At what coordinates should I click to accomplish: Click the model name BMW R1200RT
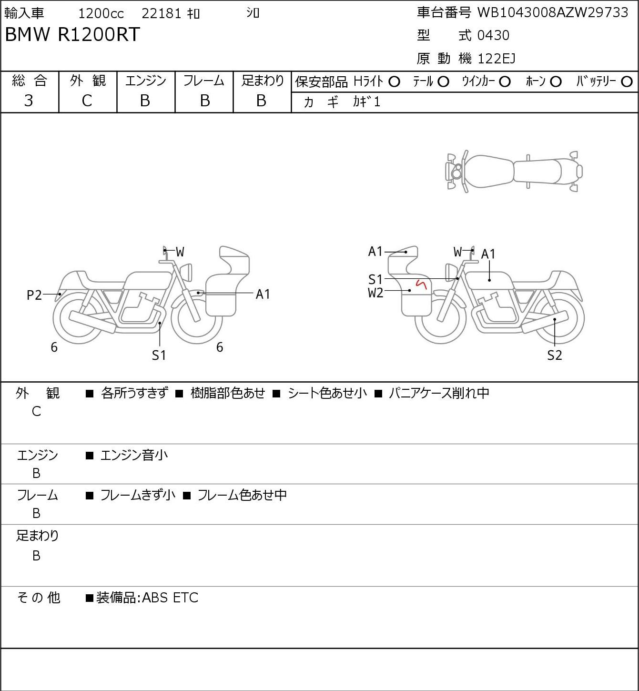coord(72,34)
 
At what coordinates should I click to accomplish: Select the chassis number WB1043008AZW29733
coord(553,13)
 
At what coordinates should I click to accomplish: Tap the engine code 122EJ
coord(497,59)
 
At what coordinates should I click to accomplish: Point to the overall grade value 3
coord(29,101)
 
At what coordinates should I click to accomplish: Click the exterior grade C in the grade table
coord(87,101)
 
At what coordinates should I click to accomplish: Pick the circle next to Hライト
coord(394,82)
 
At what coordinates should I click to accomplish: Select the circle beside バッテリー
coord(627,82)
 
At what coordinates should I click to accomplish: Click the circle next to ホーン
coord(556,82)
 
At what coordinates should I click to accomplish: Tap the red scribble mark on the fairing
coord(422,285)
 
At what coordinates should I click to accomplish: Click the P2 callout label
coord(34,295)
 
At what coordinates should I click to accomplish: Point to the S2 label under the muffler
coord(555,355)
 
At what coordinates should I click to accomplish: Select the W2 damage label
coord(375,293)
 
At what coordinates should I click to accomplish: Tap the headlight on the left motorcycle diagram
coord(186,273)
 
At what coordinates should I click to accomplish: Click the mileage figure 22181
coord(162,13)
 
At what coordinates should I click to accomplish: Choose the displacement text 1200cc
coord(101,13)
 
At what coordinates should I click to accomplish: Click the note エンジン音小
coord(134,456)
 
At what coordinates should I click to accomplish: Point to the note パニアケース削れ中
coord(439,393)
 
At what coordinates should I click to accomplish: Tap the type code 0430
coord(493,35)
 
